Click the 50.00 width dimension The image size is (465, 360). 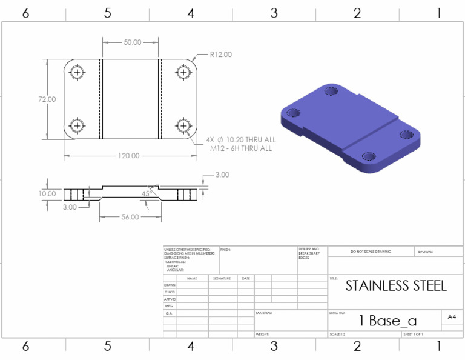[132, 42]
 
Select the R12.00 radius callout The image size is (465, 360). [220, 55]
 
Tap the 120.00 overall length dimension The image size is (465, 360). [129, 156]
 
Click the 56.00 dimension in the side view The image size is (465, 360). [129, 216]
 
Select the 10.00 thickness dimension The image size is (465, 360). [47, 194]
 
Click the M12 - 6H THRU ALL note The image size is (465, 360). [240, 148]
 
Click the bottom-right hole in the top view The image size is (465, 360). [183, 125]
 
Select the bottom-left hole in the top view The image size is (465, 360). [77, 125]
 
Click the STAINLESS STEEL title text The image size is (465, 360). [396, 286]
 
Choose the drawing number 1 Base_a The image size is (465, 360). [387, 321]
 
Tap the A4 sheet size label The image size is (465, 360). [452, 317]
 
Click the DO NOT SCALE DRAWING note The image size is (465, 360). [371, 252]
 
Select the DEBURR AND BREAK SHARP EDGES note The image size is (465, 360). [309, 253]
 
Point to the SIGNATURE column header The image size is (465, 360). [222, 278]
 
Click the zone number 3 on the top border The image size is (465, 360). [274, 13]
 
